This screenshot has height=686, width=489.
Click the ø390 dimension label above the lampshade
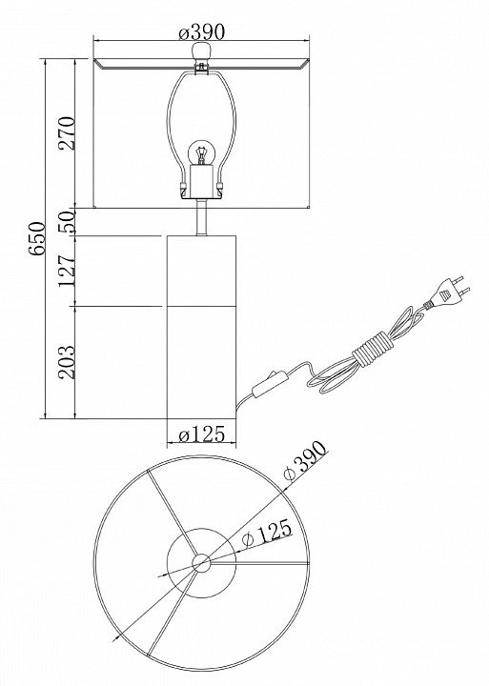click(x=201, y=32)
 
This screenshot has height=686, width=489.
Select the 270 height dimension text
click(x=68, y=133)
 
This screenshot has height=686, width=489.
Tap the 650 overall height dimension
click(x=37, y=238)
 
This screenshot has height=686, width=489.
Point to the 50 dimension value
click(x=68, y=222)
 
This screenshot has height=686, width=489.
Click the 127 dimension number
click(x=68, y=271)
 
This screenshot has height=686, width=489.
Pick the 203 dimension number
click(x=68, y=362)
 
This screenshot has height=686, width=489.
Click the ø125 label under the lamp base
click(x=202, y=434)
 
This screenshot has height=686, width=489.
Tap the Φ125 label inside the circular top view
click(x=266, y=533)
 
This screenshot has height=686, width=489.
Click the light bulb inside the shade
click(x=201, y=153)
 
